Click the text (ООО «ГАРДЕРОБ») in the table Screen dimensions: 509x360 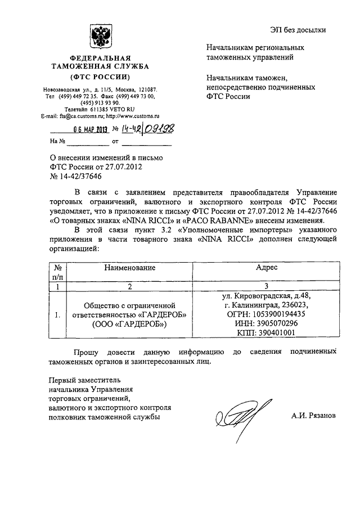click(x=129, y=324)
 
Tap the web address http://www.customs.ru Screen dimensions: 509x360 click(x=131, y=115)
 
